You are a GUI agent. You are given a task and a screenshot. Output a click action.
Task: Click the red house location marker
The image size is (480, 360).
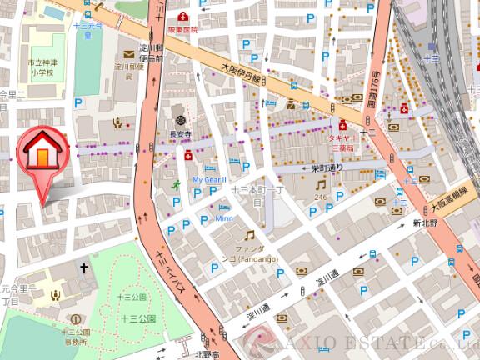[42, 154]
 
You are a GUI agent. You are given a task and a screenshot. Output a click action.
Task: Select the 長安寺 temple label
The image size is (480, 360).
[181, 133]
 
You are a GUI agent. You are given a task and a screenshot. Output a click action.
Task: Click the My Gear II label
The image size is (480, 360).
[209, 179]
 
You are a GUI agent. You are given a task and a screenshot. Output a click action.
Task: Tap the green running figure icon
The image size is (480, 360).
[177, 183]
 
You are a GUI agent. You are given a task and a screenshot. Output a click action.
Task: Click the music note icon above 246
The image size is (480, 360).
[320, 184]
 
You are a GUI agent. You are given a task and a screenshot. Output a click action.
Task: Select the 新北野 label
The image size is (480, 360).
[426, 223]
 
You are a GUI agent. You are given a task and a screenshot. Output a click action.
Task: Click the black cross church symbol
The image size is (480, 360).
[83, 267]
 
